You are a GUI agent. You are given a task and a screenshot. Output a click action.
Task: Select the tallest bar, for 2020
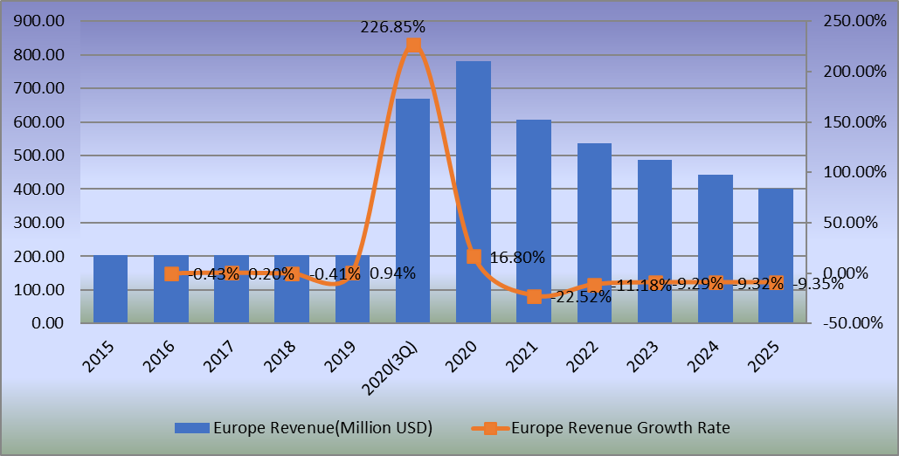point(473,192)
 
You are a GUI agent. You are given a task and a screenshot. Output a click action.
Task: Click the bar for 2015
point(110,289)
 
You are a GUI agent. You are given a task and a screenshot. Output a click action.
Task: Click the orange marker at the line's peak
point(413,45)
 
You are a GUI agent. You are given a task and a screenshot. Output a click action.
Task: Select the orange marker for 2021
point(534,296)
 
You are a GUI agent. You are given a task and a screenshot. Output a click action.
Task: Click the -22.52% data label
point(581,297)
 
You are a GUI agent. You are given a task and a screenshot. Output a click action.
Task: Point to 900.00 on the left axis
point(41,22)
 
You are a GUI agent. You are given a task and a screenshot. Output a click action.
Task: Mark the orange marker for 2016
point(171,273)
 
